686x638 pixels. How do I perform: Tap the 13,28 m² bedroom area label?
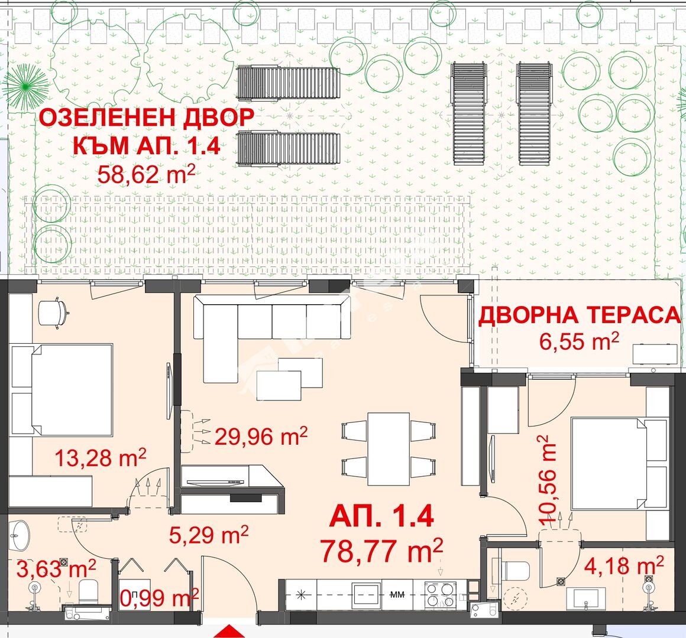(101, 458)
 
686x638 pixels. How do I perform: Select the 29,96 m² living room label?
(261, 436)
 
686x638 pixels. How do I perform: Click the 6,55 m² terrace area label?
(579, 341)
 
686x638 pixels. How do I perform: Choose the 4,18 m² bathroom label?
(624, 566)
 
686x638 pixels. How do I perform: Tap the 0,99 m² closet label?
(159, 597)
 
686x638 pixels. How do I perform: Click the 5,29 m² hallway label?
(209, 534)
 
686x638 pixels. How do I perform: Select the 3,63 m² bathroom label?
(56, 569)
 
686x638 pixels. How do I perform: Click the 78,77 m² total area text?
(381, 551)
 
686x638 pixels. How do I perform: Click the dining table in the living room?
(389, 449)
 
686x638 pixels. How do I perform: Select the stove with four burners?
(441, 594)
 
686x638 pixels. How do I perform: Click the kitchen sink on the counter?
(367, 594)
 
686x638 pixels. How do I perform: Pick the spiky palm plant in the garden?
(26, 87)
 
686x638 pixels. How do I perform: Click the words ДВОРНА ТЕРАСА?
(579, 315)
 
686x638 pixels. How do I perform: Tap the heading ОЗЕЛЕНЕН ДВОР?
(147, 118)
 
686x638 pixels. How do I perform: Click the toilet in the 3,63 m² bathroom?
(89, 590)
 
